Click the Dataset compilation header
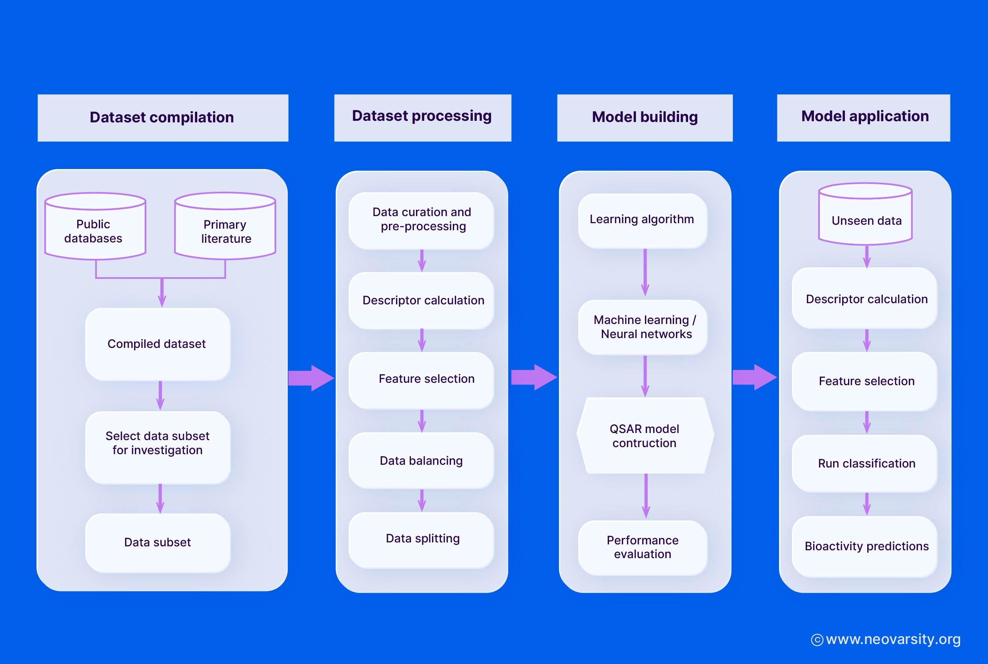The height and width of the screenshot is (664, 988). point(163,118)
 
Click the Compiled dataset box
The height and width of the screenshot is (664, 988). point(158,344)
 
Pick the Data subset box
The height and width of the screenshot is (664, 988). point(158,542)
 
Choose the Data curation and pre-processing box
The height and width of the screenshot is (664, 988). point(421,220)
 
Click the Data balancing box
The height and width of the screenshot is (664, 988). point(421,460)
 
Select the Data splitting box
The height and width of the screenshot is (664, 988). point(421,538)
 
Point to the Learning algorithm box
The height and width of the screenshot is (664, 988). point(642,220)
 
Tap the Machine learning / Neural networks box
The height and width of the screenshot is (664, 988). point(642,327)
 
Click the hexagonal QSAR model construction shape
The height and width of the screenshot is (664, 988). point(645,435)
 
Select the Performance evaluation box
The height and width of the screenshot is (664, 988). point(642,547)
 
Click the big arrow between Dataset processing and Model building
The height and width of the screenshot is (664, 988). point(533,377)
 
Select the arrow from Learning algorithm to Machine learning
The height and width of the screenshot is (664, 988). point(645,273)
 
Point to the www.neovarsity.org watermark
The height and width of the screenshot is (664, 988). point(886,639)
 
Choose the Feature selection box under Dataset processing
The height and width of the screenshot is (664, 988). point(421,379)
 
